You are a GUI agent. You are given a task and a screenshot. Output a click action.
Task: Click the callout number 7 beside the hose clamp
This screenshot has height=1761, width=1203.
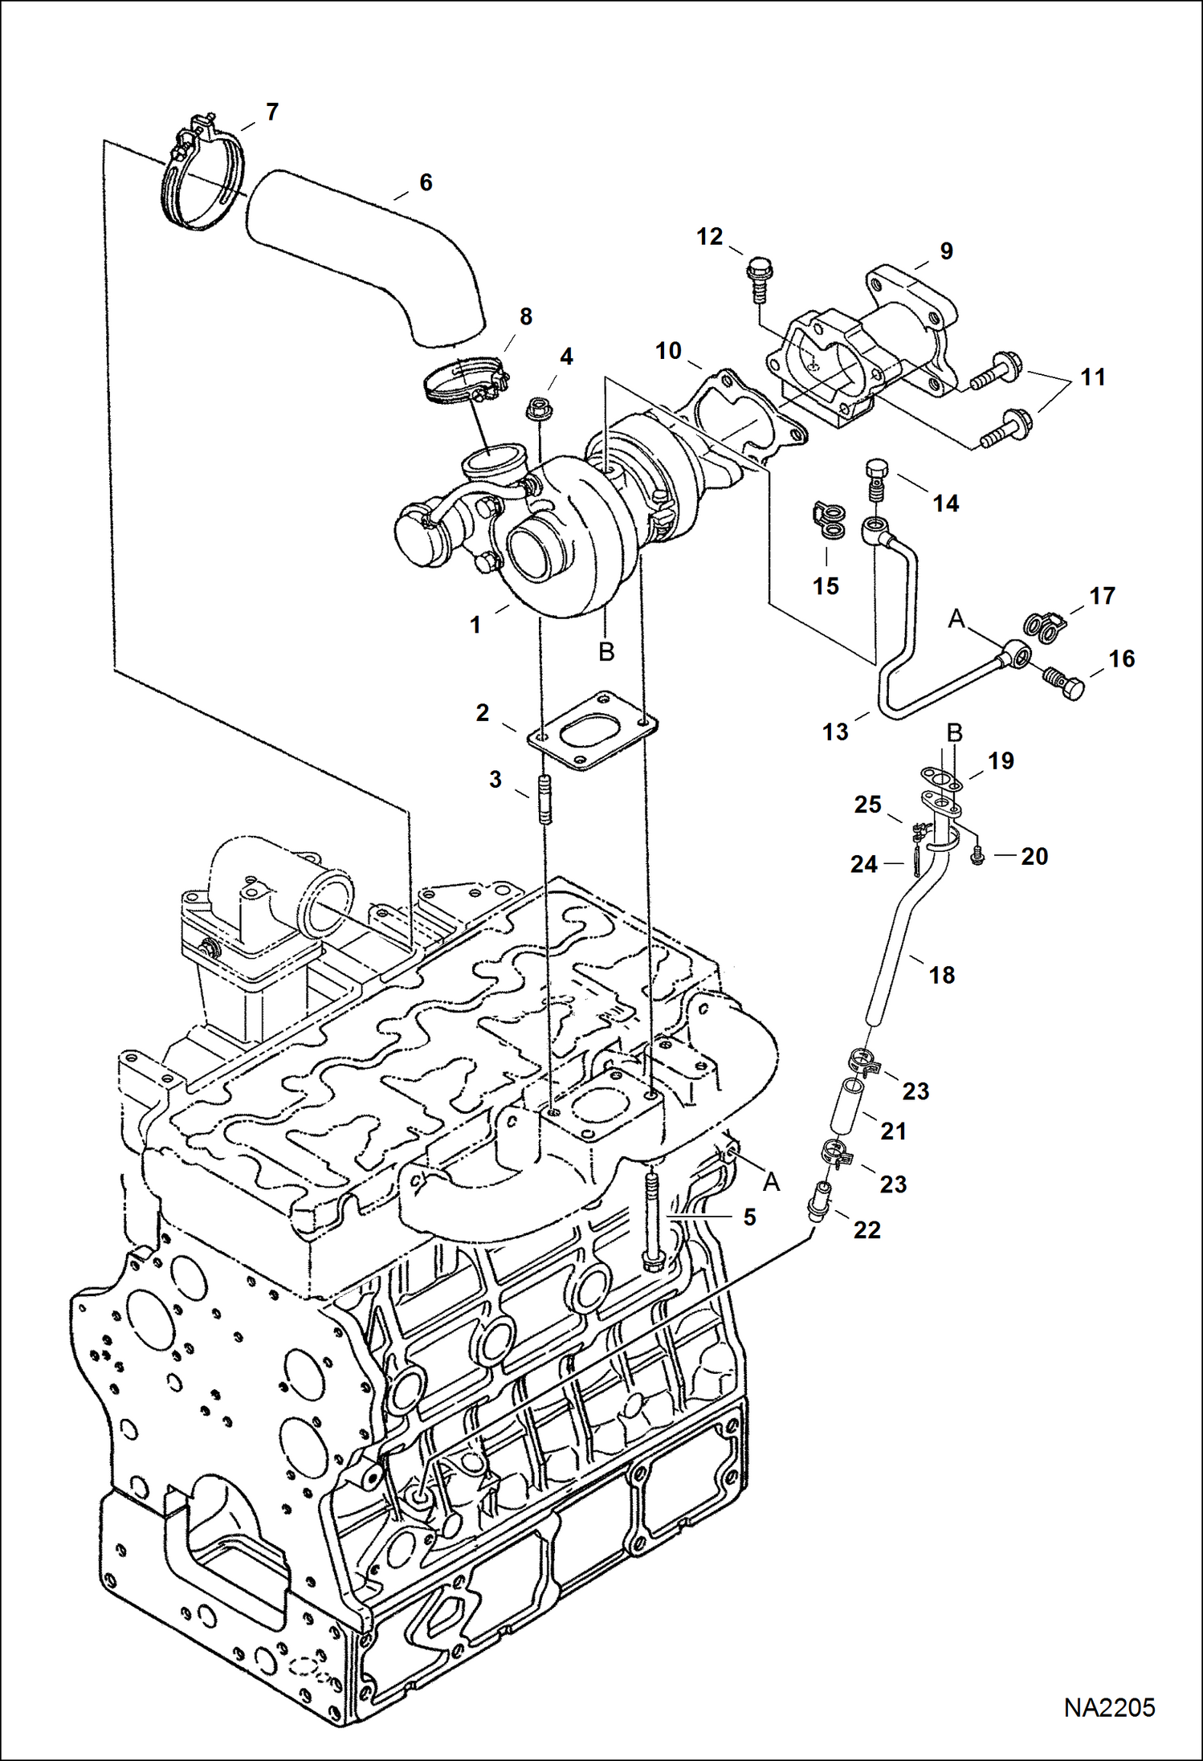pyautogui.click(x=271, y=112)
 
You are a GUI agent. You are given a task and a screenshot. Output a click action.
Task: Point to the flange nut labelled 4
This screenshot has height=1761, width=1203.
pyautogui.click(x=536, y=410)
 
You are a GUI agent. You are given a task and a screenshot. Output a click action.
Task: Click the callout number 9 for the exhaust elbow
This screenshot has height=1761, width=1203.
pyautogui.click(x=946, y=251)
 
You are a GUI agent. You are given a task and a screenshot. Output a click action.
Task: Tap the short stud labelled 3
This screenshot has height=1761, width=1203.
pyautogui.click(x=544, y=799)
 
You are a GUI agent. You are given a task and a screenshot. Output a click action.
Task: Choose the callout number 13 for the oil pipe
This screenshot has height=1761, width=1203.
pyautogui.click(x=835, y=732)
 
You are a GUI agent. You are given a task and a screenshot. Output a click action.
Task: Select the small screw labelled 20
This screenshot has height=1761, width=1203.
pyautogui.click(x=977, y=857)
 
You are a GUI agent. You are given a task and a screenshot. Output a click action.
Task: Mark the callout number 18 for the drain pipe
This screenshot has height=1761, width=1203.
pyautogui.click(x=941, y=975)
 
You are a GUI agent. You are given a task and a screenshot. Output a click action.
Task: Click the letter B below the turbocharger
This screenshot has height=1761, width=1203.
pyautogui.click(x=606, y=651)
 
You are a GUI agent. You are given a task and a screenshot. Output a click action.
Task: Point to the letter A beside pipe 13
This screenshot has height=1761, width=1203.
pyautogui.click(x=956, y=618)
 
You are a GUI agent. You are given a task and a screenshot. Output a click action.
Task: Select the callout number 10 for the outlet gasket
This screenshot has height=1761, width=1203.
pyautogui.click(x=668, y=351)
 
